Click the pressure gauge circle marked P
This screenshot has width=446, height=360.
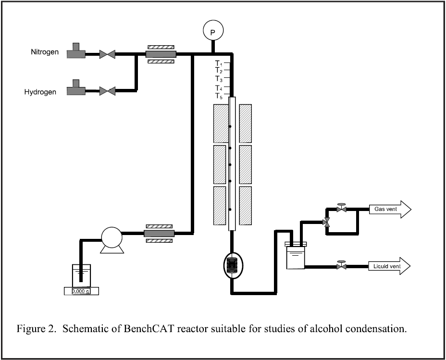(213, 30)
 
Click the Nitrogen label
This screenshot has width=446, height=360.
(45, 52)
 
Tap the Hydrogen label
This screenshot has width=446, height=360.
(40, 92)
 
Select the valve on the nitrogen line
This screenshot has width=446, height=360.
(107, 54)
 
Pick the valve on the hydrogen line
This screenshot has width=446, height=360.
(107, 91)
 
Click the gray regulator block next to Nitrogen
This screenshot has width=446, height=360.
(76, 51)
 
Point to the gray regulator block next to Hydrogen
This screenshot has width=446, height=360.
(76, 87)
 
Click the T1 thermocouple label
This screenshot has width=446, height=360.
(219, 63)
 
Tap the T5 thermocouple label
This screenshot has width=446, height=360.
(219, 96)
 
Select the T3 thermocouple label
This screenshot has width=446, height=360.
(219, 79)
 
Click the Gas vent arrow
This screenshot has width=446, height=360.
(390, 209)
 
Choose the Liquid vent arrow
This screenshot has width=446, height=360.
(389, 266)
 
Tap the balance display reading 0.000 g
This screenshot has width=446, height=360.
(81, 291)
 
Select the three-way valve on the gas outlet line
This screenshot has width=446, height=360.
(326, 222)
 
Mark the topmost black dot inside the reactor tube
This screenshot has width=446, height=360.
(230, 126)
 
